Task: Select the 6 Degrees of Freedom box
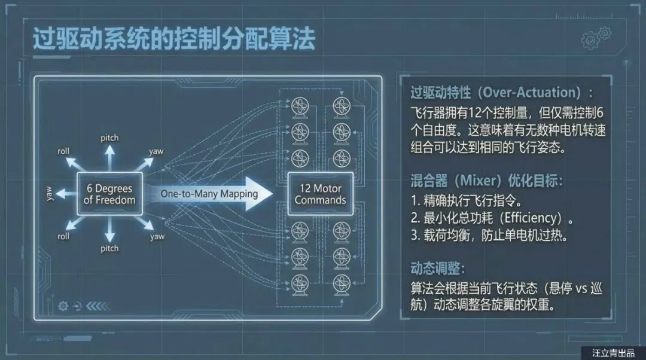click(109, 194)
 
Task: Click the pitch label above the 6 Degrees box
click(109, 138)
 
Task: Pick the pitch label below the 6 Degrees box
click(109, 248)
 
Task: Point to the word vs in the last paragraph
click(583, 288)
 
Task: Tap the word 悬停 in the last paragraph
click(557, 288)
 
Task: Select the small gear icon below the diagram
click(63, 306)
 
